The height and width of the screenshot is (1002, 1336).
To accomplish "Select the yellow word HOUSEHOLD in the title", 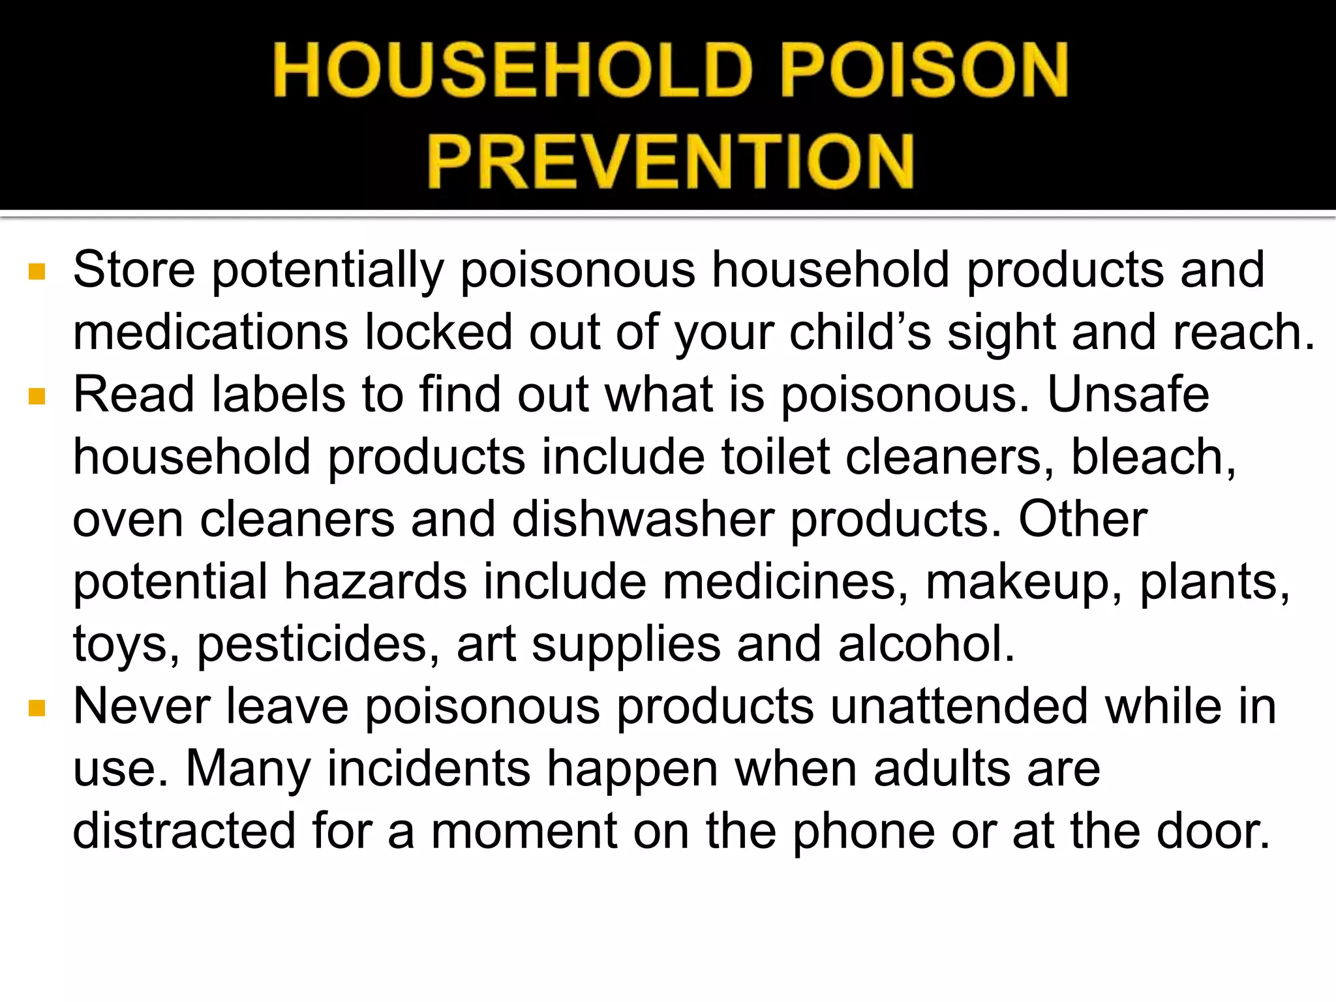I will pos(514,70).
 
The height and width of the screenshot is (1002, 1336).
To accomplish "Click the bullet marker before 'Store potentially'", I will pos(37,271).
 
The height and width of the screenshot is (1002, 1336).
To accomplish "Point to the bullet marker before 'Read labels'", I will pos(37,397).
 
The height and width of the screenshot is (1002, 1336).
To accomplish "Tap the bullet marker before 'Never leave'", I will pos(37,708).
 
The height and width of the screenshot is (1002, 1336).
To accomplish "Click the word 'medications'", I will pos(210,332).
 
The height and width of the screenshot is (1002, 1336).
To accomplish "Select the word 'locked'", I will pos(438,332).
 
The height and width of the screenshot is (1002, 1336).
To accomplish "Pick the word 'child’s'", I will pos(860,332).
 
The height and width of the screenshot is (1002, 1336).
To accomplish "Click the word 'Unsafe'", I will pos(1129,395).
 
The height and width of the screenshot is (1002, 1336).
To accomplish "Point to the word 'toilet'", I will pos(776,457).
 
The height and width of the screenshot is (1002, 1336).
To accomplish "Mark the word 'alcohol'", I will pos(924,645).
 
